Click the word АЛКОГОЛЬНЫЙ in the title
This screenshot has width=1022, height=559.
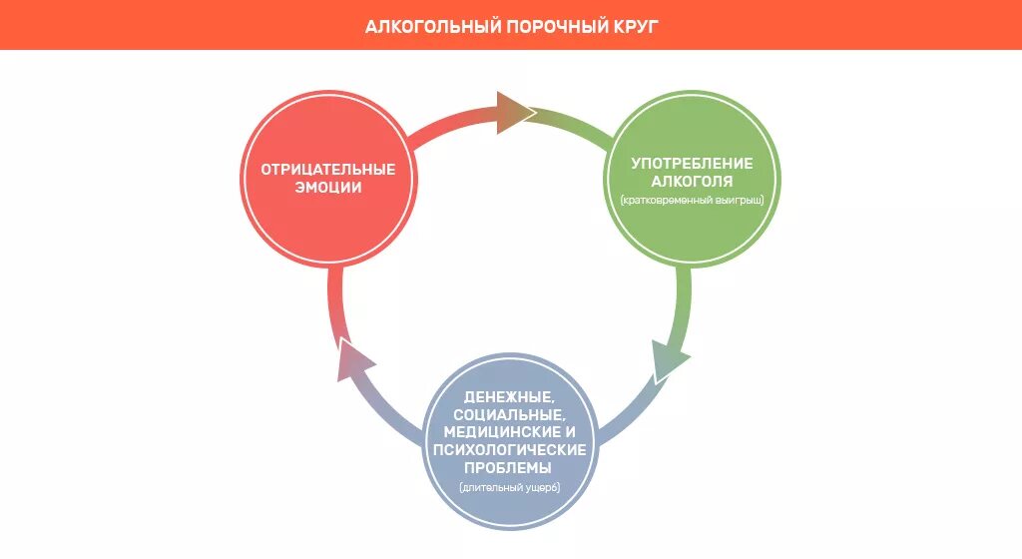[432, 25]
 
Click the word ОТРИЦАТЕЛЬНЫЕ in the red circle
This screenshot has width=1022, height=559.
[328, 169]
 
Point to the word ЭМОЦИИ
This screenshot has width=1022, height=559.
[328, 188]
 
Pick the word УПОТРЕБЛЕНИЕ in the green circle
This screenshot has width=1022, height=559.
[692, 163]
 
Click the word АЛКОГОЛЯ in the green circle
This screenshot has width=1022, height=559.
[692, 182]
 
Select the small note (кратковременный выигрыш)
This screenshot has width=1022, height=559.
[692, 201]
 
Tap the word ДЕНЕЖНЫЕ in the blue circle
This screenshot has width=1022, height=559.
[510, 397]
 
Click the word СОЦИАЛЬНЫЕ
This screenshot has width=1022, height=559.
[510, 414]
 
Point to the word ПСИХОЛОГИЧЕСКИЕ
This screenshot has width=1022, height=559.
[510, 449]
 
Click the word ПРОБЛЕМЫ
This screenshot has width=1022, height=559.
[510, 467]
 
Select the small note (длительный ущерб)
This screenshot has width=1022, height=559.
[510, 487]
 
